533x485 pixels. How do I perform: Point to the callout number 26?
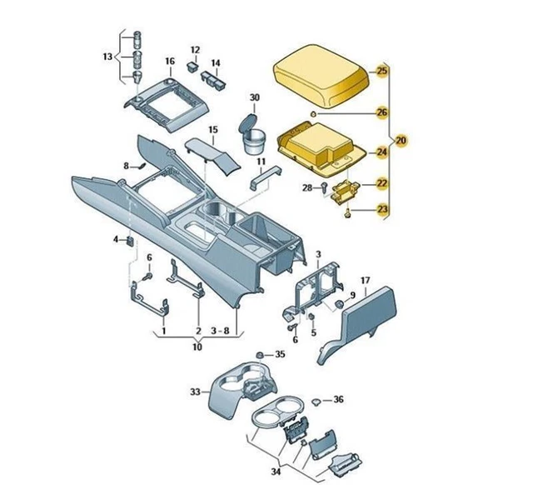(x=382, y=112)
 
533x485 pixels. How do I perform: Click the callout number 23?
(x=382, y=209)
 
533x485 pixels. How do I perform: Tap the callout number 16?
(x=170, y=61)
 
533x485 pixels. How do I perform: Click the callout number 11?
(x=261, y=160)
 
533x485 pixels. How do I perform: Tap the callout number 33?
(x=195, y=391)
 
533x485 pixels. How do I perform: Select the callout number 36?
(x=338, y=400)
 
